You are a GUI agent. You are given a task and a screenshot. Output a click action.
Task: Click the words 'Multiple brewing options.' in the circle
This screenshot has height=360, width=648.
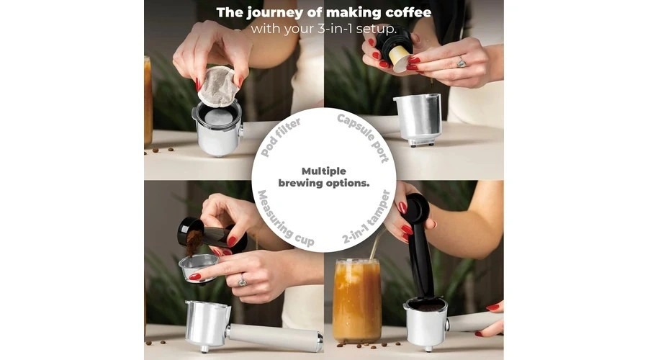coord(323,177)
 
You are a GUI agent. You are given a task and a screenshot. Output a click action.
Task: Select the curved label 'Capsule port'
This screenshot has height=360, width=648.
coord(364,138)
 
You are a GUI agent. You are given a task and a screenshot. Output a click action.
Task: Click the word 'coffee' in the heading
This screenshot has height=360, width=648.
coord(408,12)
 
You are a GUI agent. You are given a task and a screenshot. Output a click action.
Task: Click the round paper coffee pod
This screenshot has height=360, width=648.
coord(218,86)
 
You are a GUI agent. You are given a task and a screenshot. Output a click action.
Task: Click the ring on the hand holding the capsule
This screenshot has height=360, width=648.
coord(461,62)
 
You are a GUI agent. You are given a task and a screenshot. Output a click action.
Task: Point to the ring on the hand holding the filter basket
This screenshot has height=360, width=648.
coord(243,281)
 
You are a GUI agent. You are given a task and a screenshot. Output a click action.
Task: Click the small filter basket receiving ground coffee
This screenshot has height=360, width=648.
coord(199,269)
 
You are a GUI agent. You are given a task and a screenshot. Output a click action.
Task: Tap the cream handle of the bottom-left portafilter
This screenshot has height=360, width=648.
coord(274,337)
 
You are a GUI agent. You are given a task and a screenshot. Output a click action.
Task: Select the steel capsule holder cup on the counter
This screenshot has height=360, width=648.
coord(417,120)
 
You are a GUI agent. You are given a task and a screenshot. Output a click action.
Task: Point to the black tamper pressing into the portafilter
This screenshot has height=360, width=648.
coord(420,248)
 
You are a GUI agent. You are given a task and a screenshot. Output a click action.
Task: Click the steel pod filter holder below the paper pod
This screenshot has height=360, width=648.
coord(217,128)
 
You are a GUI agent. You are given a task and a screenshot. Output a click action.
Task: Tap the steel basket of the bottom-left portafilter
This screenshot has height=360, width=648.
coord(207,325)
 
